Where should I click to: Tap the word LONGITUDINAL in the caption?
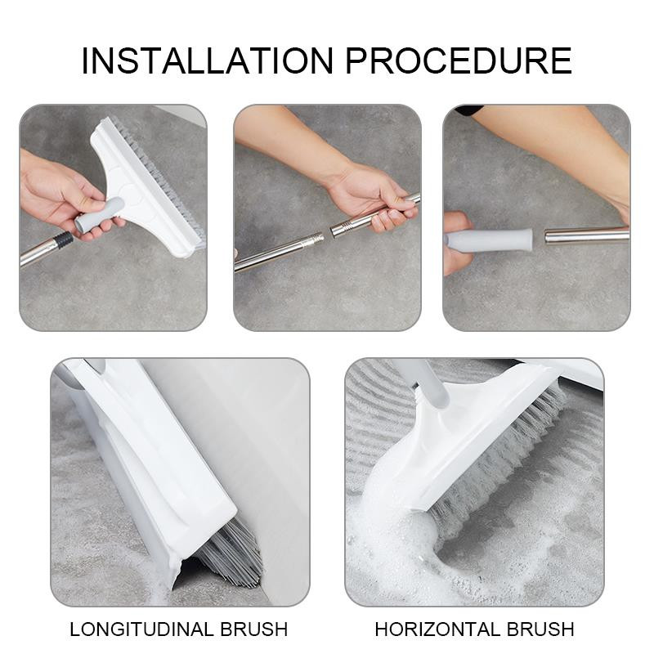(x=138, y=629)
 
